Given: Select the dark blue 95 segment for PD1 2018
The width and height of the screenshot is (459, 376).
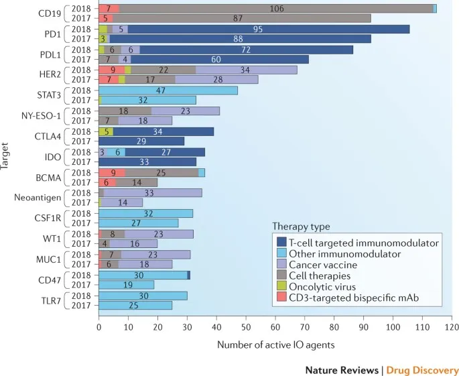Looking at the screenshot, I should pos(268,29).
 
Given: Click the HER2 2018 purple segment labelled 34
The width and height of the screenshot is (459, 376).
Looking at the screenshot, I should pos(246,70).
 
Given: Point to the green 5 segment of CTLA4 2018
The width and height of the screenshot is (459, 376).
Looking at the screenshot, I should pos(106,131).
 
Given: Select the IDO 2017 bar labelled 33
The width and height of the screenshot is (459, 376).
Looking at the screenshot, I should pos(147,162).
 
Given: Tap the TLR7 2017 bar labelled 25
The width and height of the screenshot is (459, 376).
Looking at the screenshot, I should pos(135,305).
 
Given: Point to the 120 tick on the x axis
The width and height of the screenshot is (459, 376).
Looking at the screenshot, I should pos(452,328).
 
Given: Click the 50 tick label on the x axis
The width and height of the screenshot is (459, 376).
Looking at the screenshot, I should pos(245,328).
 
